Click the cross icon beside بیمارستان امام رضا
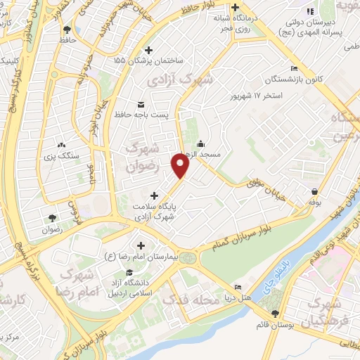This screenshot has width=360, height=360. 141,245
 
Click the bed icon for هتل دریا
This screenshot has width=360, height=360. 238,288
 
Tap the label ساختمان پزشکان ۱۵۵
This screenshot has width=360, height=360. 148,61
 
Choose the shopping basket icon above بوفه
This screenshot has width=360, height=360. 314,191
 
